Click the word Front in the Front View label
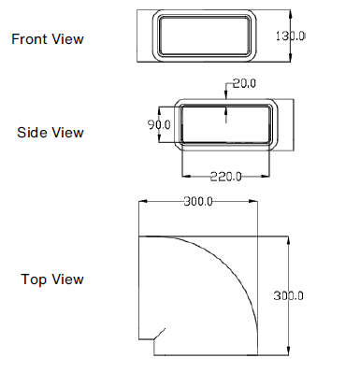(30, 38)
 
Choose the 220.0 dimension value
(226, 176)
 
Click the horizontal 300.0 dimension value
(197, 201)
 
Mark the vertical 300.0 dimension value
(289, 294)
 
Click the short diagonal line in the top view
(160, 334)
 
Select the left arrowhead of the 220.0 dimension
(183, 176)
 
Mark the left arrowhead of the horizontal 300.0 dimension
(142, 201)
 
